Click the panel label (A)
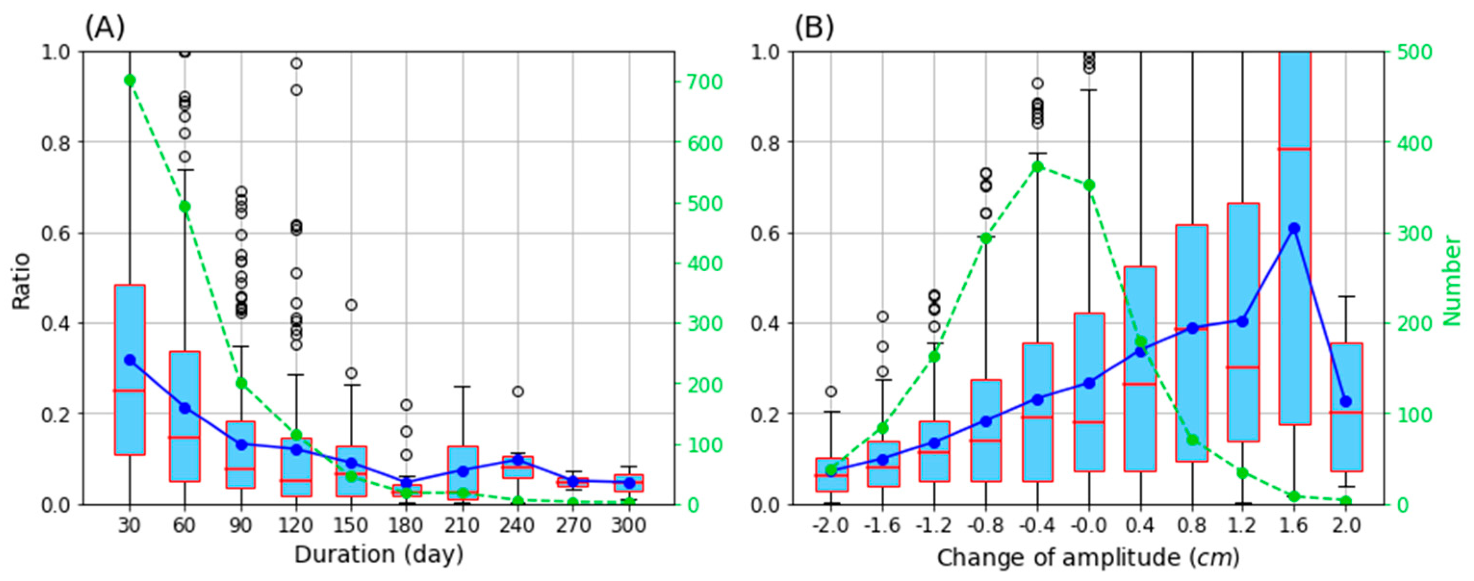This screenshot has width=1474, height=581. [x=105, y=27]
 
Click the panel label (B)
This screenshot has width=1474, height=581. [x=813, y=27]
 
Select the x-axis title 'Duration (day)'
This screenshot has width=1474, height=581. [x=378, y=554]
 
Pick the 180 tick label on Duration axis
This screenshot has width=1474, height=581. [x=407, y=525]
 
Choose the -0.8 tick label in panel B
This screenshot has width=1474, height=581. [x=985, y=525]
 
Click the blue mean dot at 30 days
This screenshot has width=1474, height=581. [x=130, y=360]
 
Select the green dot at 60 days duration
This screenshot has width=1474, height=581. [x=185, y=206]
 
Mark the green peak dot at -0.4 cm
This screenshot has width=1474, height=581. [x=1037, y=167]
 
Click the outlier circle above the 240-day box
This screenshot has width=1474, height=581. [x=518, y=392]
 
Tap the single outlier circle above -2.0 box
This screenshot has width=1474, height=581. [x=831, y=392]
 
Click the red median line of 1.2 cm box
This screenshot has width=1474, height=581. [x=1243, y=367]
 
